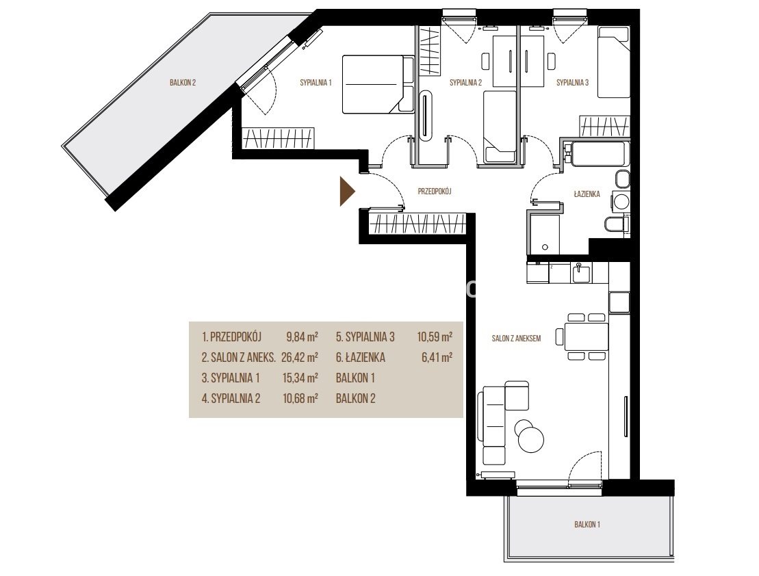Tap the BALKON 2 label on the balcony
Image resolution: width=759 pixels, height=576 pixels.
[x=183, y=83]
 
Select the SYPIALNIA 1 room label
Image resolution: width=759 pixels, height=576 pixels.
[x=316, y=83]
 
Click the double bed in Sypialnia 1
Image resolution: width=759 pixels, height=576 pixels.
[x=378, y=84]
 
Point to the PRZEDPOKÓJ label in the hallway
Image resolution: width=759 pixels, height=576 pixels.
[x=435, y=192]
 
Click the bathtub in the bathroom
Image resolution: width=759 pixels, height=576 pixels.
[x=599, y=153]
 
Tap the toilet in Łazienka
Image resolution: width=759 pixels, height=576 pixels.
[x=617, y=224]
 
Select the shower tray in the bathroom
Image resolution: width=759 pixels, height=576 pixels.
[x=545, y=234]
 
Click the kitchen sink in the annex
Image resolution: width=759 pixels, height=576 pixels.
[x=581, y=274]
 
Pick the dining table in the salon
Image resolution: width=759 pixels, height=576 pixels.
[x=587, y=337]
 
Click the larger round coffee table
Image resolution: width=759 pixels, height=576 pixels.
[x=531, y=439]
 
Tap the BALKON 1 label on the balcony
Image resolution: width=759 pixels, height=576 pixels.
[x=587, y=524]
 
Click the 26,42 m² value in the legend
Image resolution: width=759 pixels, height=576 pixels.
[x=300, y=358]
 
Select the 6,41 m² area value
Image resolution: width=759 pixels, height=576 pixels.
[x=437, y=358]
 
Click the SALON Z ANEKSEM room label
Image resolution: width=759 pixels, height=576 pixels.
[x=516, y=339]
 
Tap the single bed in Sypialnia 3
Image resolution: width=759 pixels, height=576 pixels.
[x=613, y=62]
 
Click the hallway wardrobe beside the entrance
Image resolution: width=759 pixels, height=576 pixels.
[x=417, y=224]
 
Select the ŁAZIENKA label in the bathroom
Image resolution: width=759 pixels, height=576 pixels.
[x=587, y=194]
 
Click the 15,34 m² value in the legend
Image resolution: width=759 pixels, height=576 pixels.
[x=300, y=378]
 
